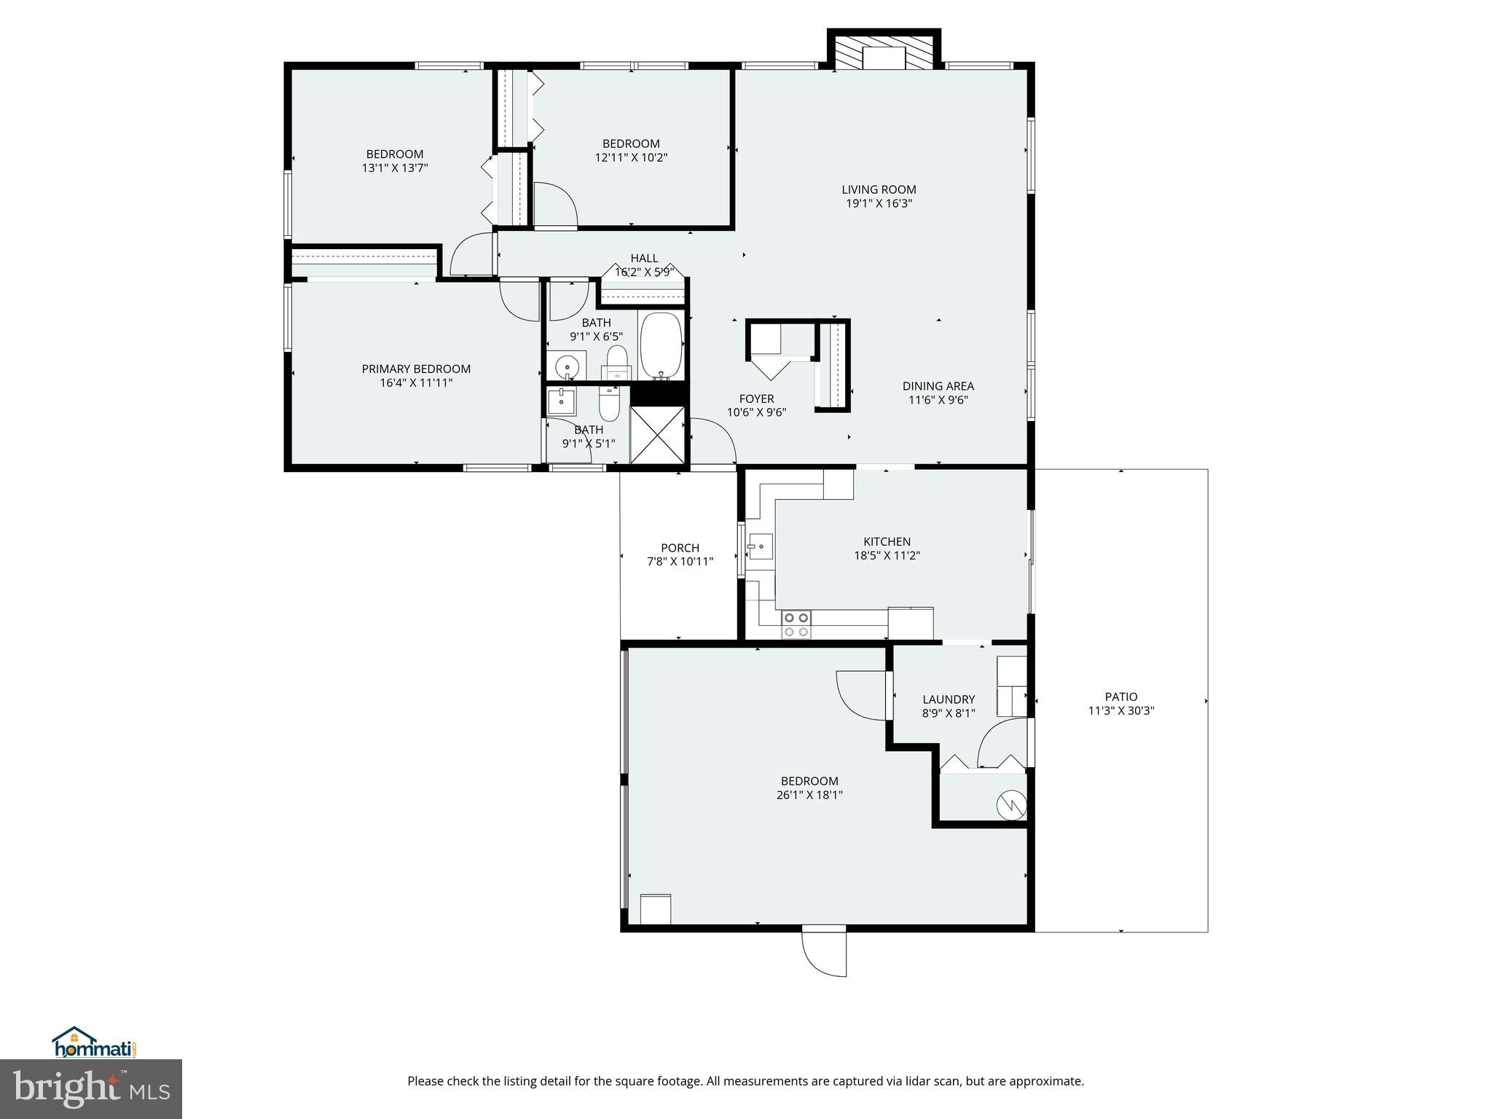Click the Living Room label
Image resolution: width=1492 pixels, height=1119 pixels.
pos(879,189)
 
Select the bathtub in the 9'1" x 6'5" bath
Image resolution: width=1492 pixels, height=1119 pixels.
pos(661,345)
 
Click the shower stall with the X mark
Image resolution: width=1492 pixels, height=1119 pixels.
pos(657,434)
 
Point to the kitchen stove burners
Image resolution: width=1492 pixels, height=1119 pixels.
pos(796,625)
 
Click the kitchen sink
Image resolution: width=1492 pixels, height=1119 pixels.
pos(760,546)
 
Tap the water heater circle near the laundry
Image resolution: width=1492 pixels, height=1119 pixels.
pos(1011,804)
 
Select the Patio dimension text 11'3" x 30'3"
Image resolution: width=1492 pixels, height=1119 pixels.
pos(1120,711)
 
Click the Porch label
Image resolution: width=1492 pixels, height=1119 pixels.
pos(680,548)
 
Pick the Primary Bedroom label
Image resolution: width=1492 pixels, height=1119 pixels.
pos(416,369)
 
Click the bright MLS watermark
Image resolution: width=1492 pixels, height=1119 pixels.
pos(90,1088)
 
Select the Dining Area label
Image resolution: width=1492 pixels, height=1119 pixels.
pos(938,386)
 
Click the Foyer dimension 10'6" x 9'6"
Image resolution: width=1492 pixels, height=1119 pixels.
pos(756,412)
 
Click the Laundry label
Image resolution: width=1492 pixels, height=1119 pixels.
pos(948,699)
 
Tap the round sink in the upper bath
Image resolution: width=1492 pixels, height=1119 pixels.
pos(566,365)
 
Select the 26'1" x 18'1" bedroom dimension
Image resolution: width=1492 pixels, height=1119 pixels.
pos(809,795)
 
